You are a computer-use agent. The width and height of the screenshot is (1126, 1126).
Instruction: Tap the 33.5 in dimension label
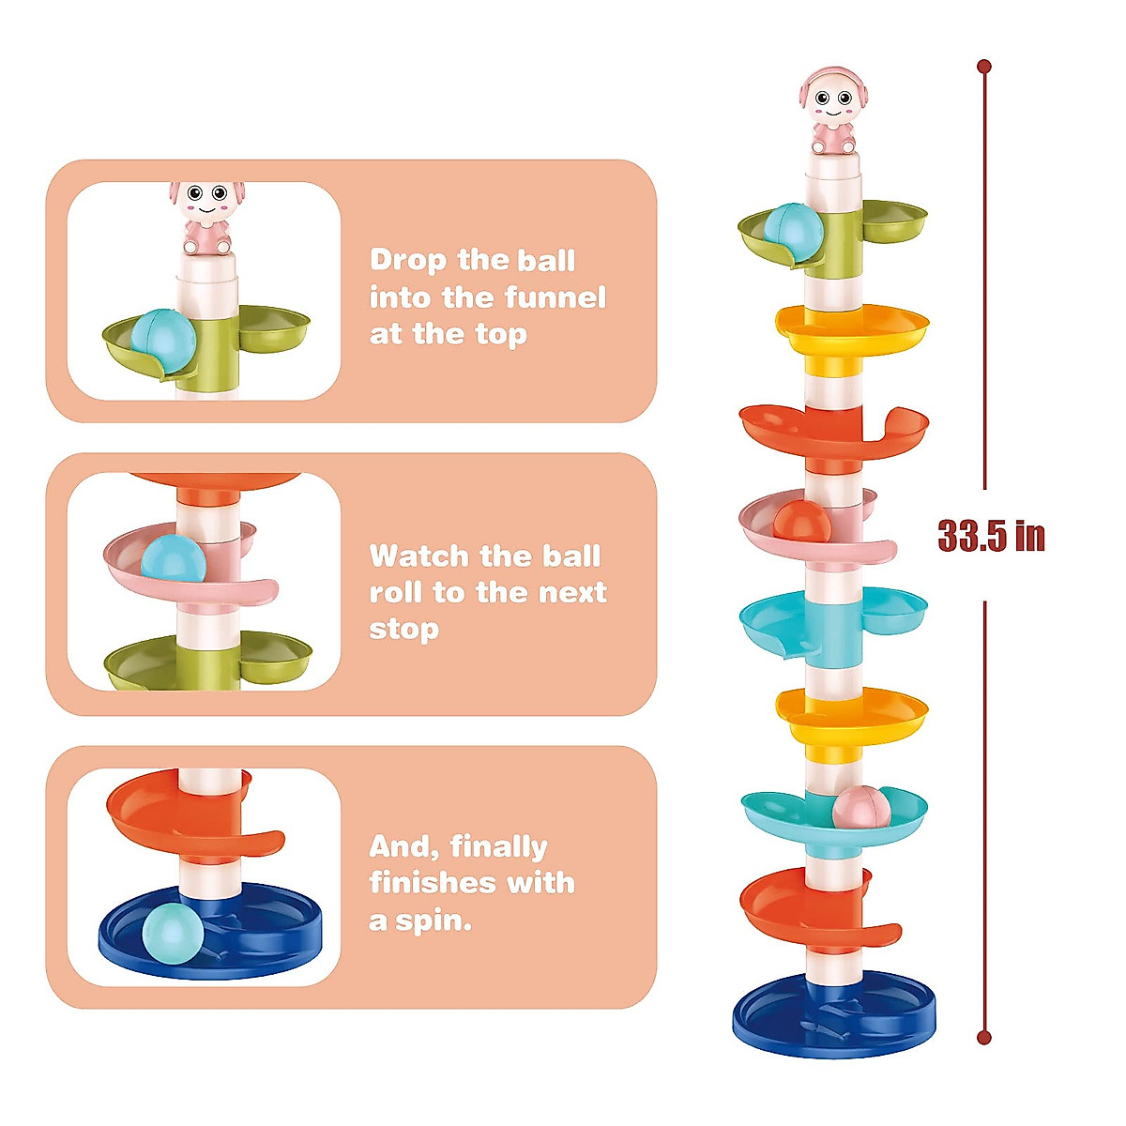[x=991, y=536]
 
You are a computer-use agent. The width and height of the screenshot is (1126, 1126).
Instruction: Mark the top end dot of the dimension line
[x=983, y=67]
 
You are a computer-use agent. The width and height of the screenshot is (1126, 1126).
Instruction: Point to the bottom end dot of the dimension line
[x=983, y=1037]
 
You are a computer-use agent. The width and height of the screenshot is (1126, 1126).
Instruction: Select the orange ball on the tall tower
[x=801, y=522]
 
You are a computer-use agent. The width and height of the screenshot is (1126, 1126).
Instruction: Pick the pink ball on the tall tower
[x=860, y=808]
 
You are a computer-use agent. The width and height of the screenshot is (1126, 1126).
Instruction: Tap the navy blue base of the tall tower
[x=834, y=1018]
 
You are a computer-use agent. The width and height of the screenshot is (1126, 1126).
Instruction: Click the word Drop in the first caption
[x=408, y=260]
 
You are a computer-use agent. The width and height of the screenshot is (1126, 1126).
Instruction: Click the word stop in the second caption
[x=403, y=630]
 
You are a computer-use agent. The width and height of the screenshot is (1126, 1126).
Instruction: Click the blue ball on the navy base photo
[x=173, y=932]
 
